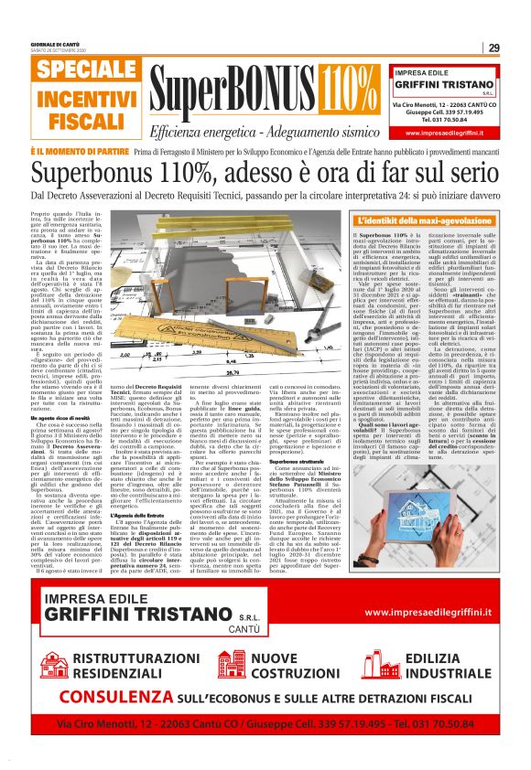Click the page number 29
click(x=493, y=48)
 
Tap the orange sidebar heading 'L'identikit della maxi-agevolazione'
click(x=427, y=221)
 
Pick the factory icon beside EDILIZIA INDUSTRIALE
click(x=380, y=664)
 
